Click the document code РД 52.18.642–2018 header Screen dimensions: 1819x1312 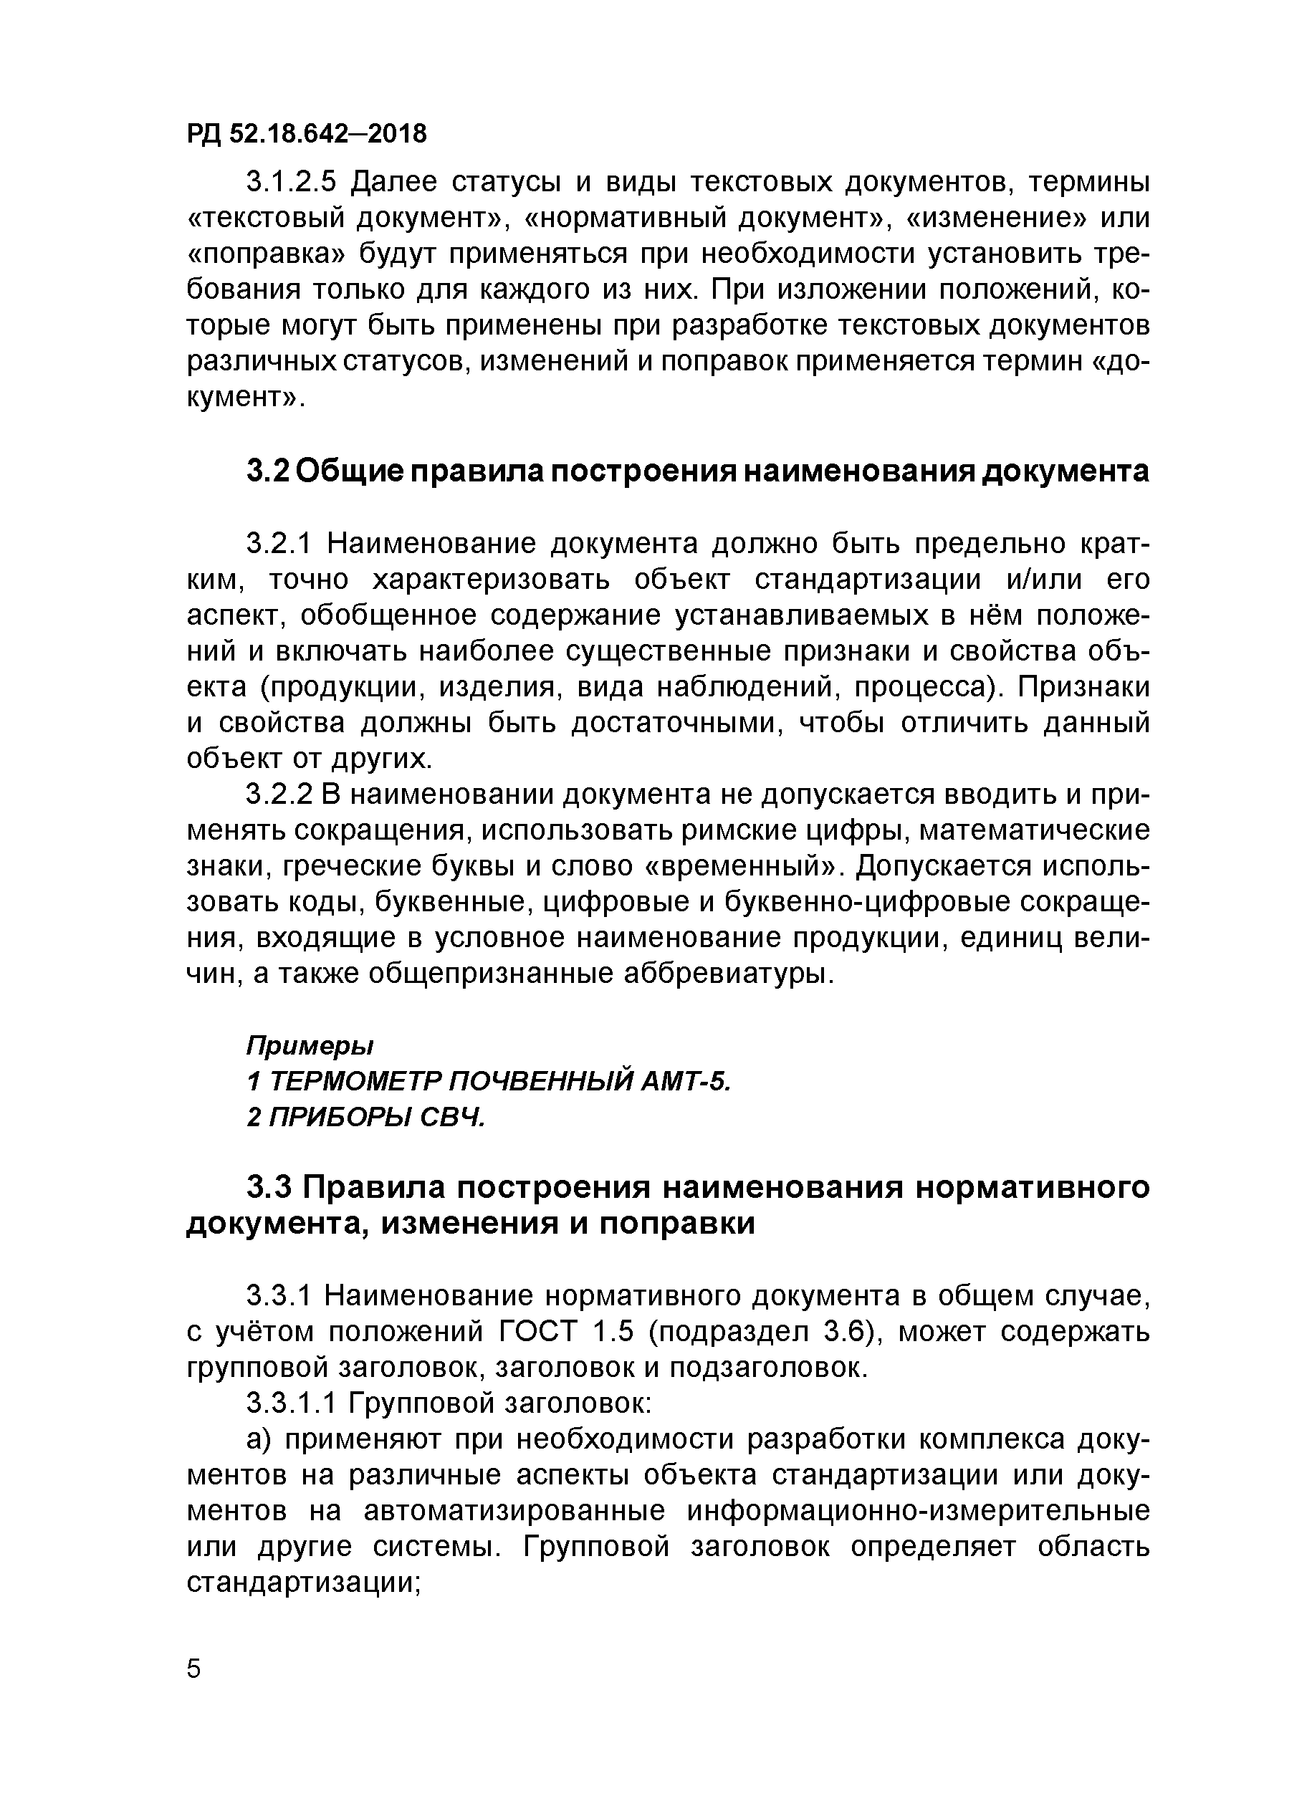click(307, 133)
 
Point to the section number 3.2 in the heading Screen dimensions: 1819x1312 click(267, 471)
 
